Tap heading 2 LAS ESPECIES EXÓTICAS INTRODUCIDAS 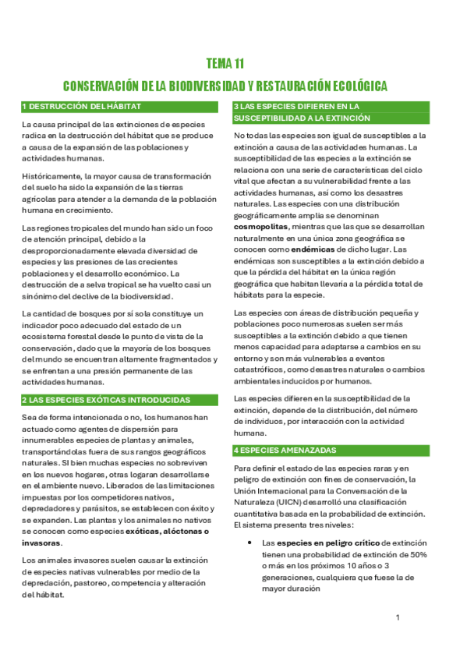(x=106, y=400)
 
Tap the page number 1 (x=398, y=617)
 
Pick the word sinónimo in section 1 (x=41, y=297)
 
